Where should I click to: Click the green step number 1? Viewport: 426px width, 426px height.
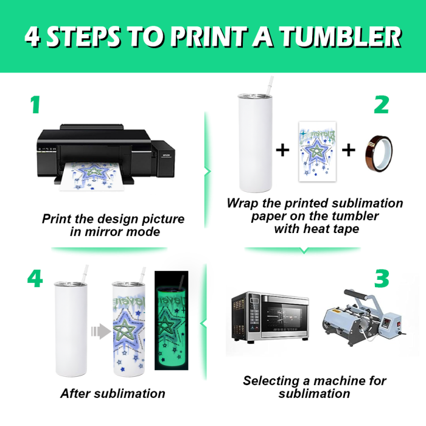click(35, 105)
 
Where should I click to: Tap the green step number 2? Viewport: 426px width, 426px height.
click(382, 105)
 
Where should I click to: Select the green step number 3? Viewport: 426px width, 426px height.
click(382, 279)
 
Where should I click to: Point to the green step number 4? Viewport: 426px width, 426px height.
click(35, 279)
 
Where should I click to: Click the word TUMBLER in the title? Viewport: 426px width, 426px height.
click(341, 37)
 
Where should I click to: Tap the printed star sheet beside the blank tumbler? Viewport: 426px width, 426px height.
click(317, 152)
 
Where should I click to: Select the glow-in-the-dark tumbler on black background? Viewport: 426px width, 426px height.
click(171, 321)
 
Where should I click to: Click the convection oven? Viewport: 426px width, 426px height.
click(270, 316)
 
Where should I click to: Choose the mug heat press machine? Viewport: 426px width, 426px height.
click(364, 318)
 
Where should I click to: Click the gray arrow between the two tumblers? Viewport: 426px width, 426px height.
click(101, 331)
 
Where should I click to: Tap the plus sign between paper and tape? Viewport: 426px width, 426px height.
click(349, 150)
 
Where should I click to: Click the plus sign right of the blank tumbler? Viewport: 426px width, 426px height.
click(282, 150)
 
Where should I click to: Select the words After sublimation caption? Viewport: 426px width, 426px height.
click(113, 393)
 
